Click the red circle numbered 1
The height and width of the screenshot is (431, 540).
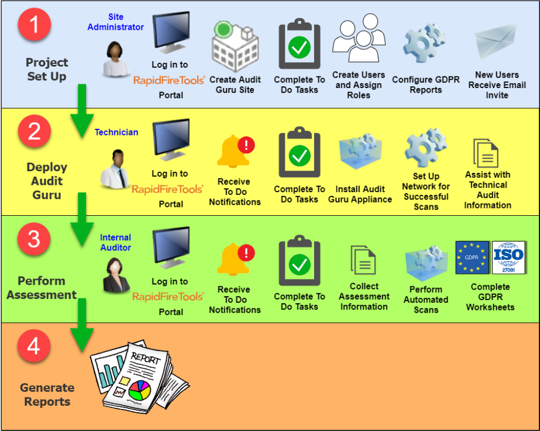34,26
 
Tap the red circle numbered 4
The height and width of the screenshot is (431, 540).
34,347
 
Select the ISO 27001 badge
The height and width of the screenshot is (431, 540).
509,257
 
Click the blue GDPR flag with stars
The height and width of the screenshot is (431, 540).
472,257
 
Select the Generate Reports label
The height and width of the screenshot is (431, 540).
47,395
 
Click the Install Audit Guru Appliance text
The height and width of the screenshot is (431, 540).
360,194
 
